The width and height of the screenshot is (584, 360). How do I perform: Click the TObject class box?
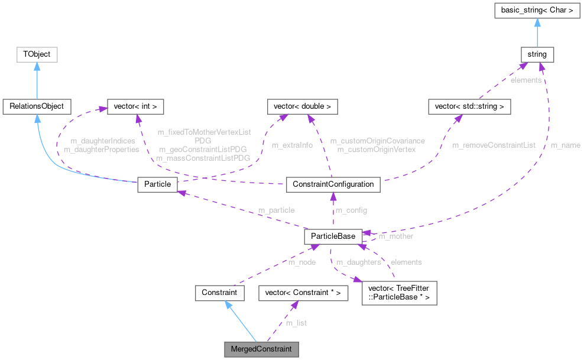pos(37,54)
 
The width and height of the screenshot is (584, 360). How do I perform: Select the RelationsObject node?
pos(37,107)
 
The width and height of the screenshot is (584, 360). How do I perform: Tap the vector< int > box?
pos(134,107)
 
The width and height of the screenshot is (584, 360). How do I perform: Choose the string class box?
pos(537,54)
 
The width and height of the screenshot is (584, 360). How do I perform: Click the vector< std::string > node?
pos(469,107)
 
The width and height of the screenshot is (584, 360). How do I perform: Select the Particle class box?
pos(157,184)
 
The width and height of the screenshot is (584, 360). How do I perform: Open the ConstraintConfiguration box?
pos(333,184)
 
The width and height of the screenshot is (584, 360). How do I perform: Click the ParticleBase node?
pos(332,236)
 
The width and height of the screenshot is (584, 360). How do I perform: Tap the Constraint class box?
pos(219,293)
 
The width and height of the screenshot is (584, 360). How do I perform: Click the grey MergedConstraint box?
pos(261,349)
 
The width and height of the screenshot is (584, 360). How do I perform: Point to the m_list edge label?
pos(296,323)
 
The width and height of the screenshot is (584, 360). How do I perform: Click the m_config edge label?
pos(351,210)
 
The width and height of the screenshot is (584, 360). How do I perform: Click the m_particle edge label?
pos(275,210)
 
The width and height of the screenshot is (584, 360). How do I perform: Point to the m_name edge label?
pos(564,145)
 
